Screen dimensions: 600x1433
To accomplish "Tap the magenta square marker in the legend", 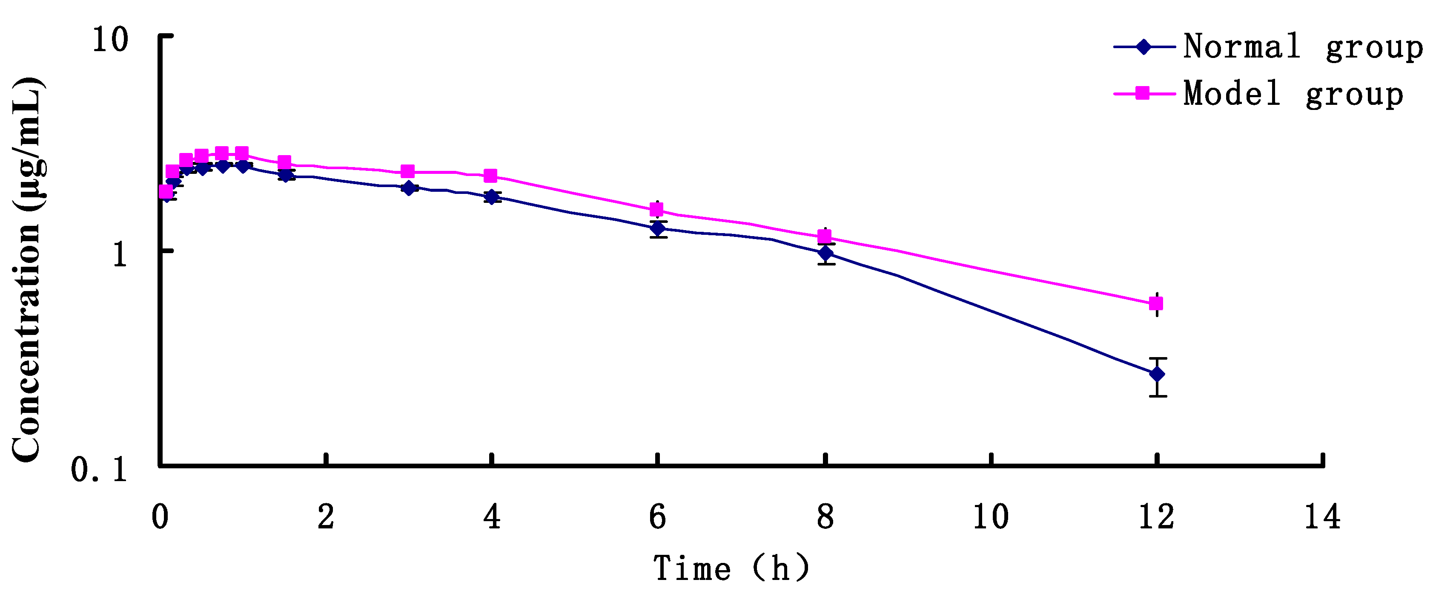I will (x=1143, y=93).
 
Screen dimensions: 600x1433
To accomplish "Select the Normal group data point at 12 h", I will (x=1157, y=374).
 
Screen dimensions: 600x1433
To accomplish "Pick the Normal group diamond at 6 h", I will (x=658, y=228).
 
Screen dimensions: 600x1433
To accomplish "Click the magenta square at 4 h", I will (x=490, y=176).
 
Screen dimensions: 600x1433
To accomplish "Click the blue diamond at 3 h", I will (x=410, y=188).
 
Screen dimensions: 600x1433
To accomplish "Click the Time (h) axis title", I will (x=731, y=569).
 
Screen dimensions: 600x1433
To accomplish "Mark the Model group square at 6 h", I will (x=657, y=210).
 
